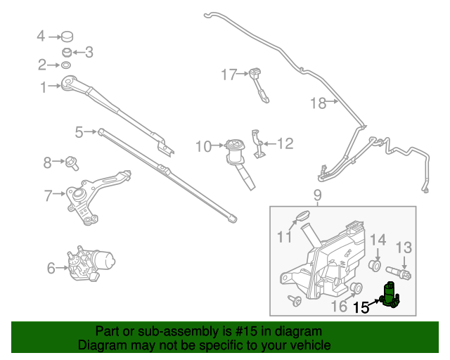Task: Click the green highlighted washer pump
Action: (389, 296)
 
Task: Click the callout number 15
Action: (361, 307)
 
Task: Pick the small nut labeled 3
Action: (67, 52)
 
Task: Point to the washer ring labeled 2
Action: (65, 65)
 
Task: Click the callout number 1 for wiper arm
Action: (44, 88)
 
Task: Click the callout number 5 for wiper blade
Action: (79, 131)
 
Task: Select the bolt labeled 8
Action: (72, 164)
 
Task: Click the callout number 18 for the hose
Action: (318, 103)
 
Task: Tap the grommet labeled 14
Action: (376, 266)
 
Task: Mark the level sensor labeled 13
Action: (405, 271)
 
